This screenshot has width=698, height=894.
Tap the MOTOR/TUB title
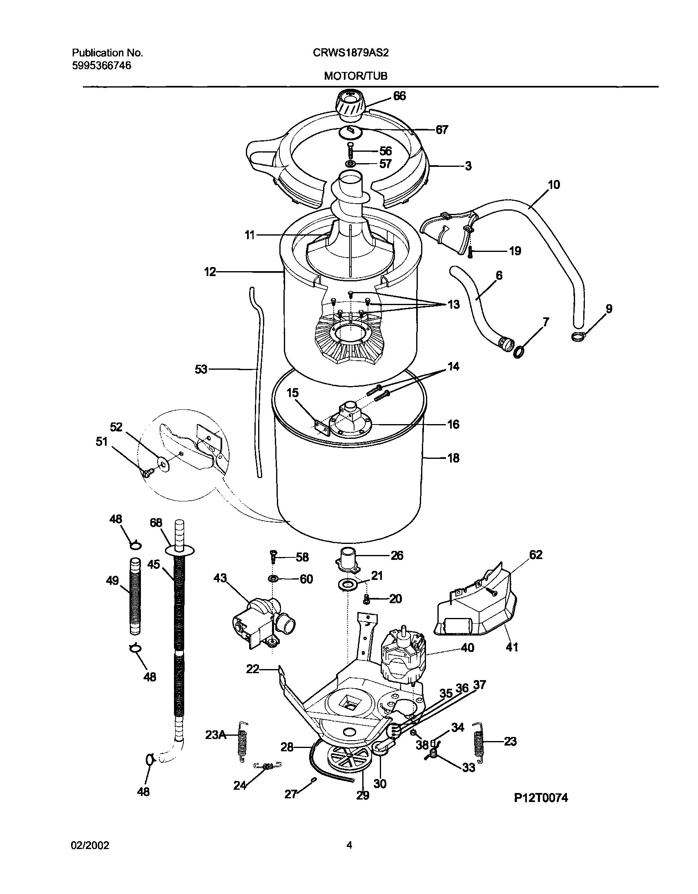pyautogui.click(x=355, y=76)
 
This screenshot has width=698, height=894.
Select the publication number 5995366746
pyautogui.click(x=101, y=65)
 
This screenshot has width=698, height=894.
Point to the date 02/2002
pyautogui.click(x=90, y=845)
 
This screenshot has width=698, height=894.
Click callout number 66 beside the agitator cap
pyautogui.click(x=399, y=96)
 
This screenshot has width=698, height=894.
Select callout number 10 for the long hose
pyautogui.click(x=554, y=184)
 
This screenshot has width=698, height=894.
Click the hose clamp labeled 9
pyautogui.click(x=578, y=337)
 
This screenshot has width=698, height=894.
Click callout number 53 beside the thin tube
pyautogui.click(x=201, y=369)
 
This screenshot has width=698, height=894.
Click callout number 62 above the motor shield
pyautogui.click(x=536, y=555)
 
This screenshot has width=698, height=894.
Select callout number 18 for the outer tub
pyautogui.click(x=453, y=458)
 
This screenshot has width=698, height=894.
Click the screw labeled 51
pyautogui.click(x=147, y=472)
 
